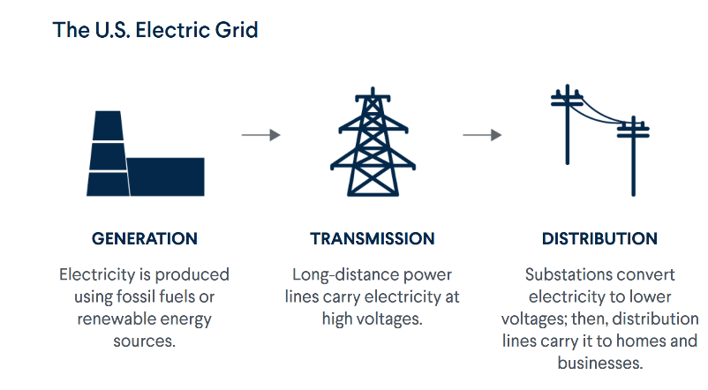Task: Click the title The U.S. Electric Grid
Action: coord(155,30)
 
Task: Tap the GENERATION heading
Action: coord(145,238)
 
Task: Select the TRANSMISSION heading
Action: coord(372,238)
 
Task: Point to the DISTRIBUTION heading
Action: coord(599,238)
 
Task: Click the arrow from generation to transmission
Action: coord(261,134)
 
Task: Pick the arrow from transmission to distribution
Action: coord(482,134)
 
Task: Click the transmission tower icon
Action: coord(373,141)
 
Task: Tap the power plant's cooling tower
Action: coord(108,154)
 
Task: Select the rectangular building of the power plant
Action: coord(166,177)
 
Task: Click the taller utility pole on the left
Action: coord(567,124)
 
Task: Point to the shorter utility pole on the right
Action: coord(634,155)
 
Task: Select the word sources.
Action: coord(145,341)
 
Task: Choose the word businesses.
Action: coord(600,363)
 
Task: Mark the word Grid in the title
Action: coord(237,30)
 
